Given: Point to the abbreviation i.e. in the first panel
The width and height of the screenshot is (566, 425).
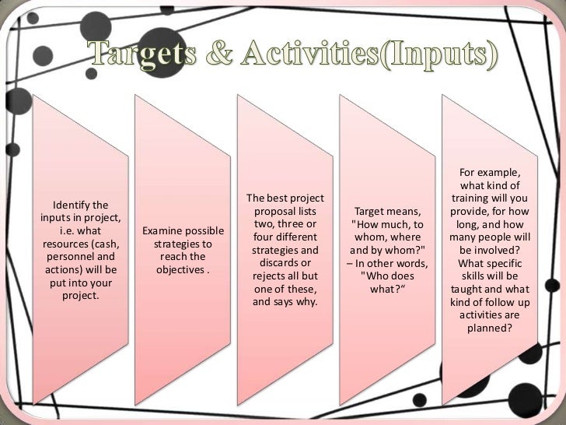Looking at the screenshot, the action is point(65,231).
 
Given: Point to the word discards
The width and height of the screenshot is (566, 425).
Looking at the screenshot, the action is point(274,262).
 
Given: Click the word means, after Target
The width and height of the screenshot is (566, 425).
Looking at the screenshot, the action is point(404,212).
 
